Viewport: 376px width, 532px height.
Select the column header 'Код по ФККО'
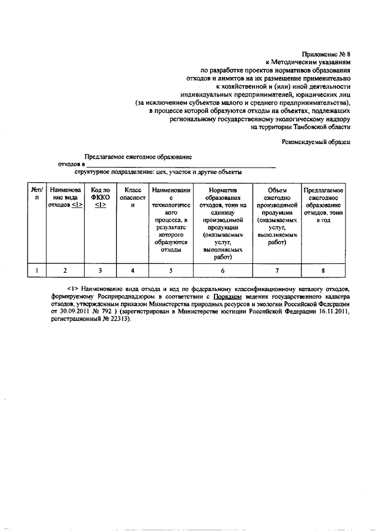coord(100,198)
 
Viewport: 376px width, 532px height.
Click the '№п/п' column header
coord(36,194)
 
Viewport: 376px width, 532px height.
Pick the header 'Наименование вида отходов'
coord(66,198)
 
